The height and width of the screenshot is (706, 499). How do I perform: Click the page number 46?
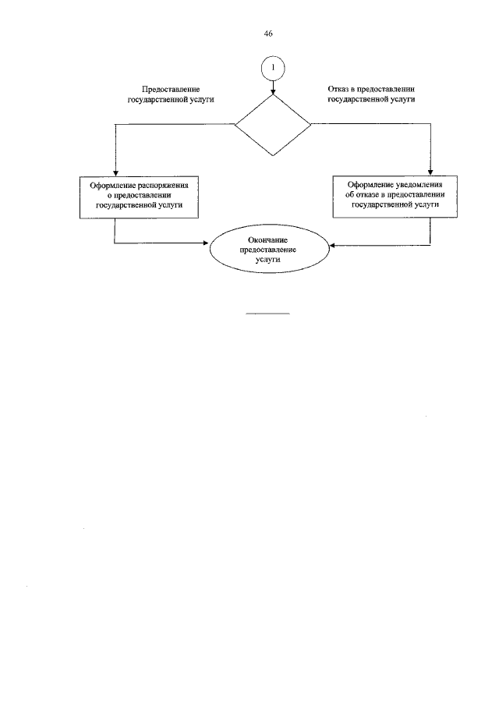(x=268, y=34)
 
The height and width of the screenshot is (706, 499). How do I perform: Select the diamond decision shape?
(x=273, y=125)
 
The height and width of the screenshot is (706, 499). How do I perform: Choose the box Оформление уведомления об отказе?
(x=393, y=195)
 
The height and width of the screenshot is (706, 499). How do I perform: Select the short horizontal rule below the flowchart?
(x=267, y=314)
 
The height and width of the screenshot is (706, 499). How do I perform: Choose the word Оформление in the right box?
(x=364, y=184)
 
